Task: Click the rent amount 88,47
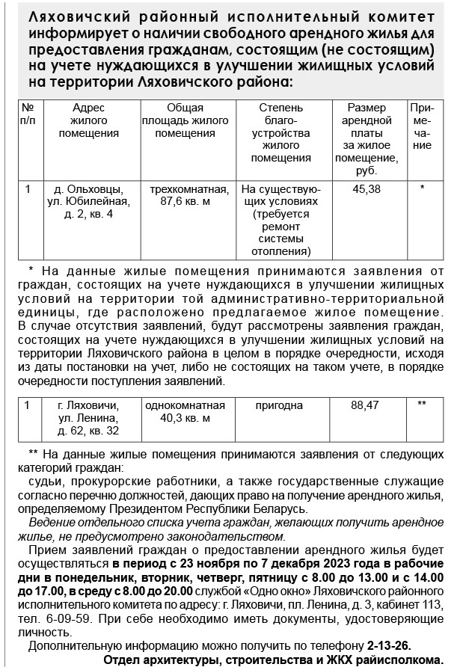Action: [x=366, y=405]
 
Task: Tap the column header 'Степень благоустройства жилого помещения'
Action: [x=280, y=133]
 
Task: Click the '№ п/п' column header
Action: [x=28, y=114]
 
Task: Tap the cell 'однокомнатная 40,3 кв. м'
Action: [x=185, y=411]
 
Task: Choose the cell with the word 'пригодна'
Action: [x=279, y=405]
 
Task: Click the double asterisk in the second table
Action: [x=421, y=405]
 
